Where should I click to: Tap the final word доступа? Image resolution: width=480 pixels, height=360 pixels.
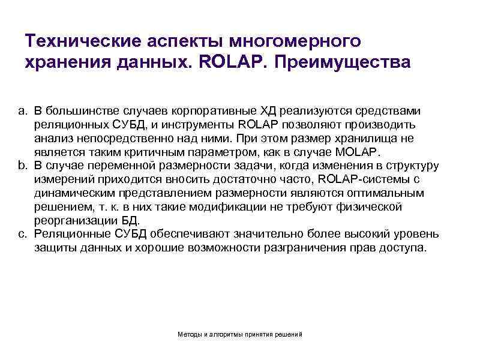tap(403, 248)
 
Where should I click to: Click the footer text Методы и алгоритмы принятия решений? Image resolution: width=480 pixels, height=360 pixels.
tap(240, 334)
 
